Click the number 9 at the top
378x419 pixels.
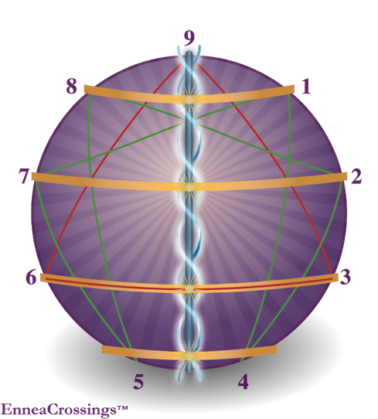(189, 39)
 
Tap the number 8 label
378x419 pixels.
(72, 87)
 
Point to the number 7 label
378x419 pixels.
(24, 176)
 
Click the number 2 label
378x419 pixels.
(356, 176)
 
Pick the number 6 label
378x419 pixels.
(31, 277)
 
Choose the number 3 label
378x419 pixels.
(345, 277)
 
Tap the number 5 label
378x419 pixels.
(138, 381)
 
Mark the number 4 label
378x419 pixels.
(243, 381)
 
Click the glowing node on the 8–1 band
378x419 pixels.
(189, 100)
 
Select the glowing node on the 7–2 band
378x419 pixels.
(189, 188)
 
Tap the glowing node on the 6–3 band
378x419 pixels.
(189, 288)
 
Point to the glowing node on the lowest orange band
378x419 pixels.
(189, 356)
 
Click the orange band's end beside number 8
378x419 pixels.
(85, 89)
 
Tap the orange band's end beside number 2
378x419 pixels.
(346, 176)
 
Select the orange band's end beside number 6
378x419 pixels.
(41, 277)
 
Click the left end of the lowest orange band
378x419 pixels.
(103, 349)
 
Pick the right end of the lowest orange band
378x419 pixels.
(276, 349)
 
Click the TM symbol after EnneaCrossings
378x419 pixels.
(122, 407)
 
